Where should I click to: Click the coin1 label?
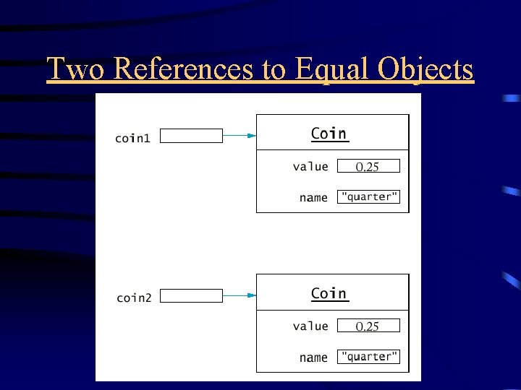coord(133,137)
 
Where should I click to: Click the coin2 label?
coord(134,298)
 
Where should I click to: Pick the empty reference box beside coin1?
coord(191,136)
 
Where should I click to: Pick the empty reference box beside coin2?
coord(191,295)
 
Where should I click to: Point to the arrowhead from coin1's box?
coord(251,135)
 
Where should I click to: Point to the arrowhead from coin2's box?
coord(251,295)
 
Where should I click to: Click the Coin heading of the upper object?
coord(329,134)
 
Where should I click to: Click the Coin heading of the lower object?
coord(329,293)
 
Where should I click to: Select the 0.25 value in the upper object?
coord(368,167)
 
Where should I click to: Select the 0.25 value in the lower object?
coord(368,326)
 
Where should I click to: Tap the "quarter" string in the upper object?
coord(369,197)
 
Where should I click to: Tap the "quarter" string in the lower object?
coord(369,357)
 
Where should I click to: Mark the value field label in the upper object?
coord(310,167)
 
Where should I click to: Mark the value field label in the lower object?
coord(310,326)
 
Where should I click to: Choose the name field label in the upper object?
coord(313,198)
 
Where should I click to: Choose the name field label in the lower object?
coord(313,357)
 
